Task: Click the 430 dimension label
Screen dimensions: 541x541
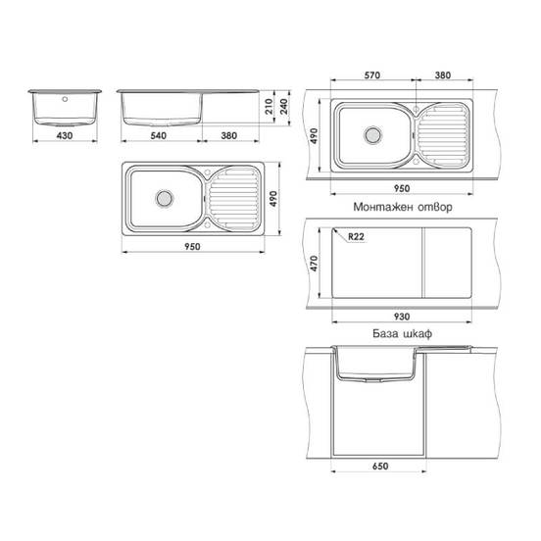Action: (x=65, y=135)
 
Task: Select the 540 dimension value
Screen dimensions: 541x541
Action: (x=159, y=135)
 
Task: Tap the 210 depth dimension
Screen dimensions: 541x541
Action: (x=269, y=106)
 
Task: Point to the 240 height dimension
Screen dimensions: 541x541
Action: (x=283, y=106)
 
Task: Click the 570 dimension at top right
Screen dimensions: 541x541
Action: (x=372, y=75)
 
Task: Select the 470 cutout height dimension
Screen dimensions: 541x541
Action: (x=314, y=264)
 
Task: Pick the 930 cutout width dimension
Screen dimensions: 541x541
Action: (x=402, y=317)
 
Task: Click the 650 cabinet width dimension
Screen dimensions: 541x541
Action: (x=380, y=467)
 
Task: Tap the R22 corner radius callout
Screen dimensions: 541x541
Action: (x=356, y=237)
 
